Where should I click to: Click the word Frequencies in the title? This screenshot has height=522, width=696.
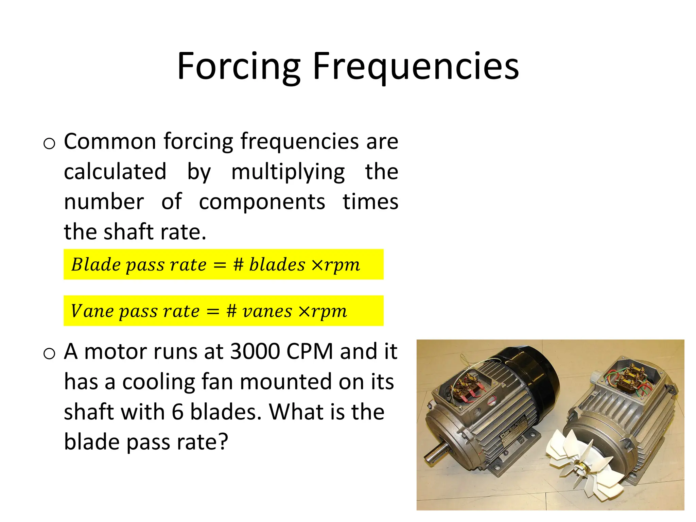415,66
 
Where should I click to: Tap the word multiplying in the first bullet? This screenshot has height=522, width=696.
288,172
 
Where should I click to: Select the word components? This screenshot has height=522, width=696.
262,202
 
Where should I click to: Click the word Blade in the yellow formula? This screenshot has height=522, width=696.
95,264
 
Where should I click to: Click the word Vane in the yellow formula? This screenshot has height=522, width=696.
91,311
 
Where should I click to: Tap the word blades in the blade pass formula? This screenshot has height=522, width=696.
277,264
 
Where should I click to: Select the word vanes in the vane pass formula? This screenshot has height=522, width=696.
267,311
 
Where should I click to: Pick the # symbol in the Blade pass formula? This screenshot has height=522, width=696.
238,264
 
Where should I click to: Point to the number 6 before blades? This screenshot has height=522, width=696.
177,412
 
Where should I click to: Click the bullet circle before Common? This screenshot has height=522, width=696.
49,144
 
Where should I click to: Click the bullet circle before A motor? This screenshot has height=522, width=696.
49,354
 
